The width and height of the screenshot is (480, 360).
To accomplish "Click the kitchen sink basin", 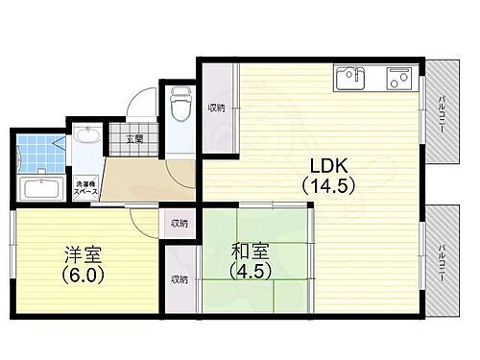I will [x=349, y=76].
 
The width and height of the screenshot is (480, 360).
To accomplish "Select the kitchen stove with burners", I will [x=398, y=78].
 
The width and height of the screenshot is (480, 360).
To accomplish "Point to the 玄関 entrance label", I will [x=132, y=138].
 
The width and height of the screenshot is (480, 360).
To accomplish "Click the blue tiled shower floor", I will [x=36, y=152].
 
